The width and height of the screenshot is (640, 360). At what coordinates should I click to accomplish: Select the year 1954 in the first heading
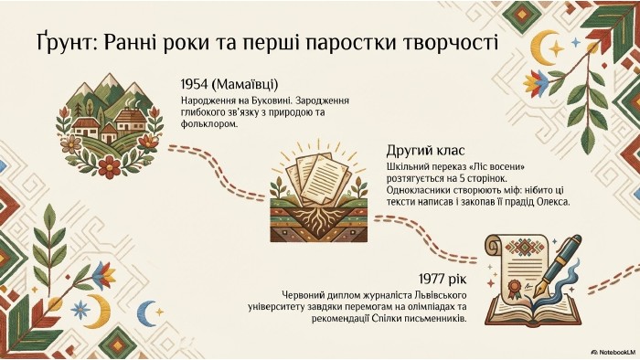(194, 84)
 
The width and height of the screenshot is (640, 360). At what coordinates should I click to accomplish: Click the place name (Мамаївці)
(245, 85)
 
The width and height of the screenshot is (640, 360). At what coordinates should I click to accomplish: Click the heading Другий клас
(425, 151)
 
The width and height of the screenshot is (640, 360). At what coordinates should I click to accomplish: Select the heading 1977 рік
(443, 280)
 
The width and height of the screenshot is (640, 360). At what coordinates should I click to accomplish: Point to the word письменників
(438, 318)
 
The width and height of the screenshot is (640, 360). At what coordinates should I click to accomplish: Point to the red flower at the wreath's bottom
(110, 166)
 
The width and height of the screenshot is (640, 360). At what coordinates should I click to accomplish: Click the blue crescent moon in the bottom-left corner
(145, 313)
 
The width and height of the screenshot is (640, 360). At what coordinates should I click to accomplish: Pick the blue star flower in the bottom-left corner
(80, 310)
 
